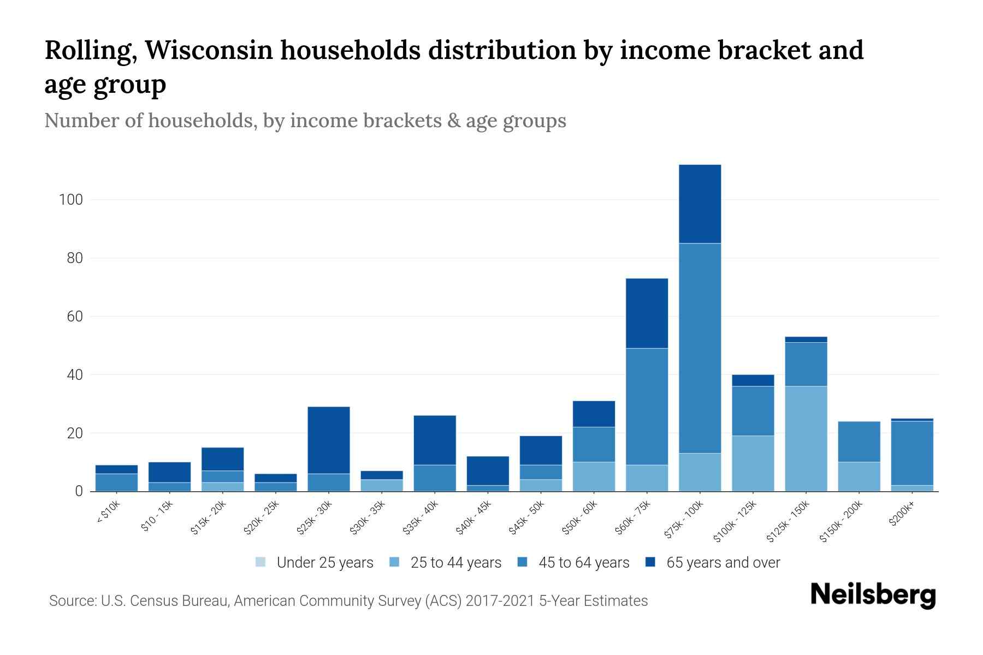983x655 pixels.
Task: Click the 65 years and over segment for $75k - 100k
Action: [x=700, y=204]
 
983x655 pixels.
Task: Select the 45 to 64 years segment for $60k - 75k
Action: [x=647, y=407]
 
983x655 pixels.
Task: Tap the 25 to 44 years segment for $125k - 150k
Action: [x=806, y=438]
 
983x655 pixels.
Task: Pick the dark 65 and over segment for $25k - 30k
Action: [x=329, y=440]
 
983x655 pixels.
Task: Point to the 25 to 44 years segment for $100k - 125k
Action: [x=753, y=463]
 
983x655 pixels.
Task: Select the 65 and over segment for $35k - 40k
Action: [x=435, y=440]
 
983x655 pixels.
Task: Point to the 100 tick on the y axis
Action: [x=71, y=200]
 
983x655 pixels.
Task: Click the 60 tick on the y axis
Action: [x=75, y=317]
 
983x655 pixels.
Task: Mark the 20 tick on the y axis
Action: [x=75, y=433]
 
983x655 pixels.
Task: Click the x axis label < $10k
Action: [x=108, y=513]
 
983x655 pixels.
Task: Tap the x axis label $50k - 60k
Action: [x=580, y=517]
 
